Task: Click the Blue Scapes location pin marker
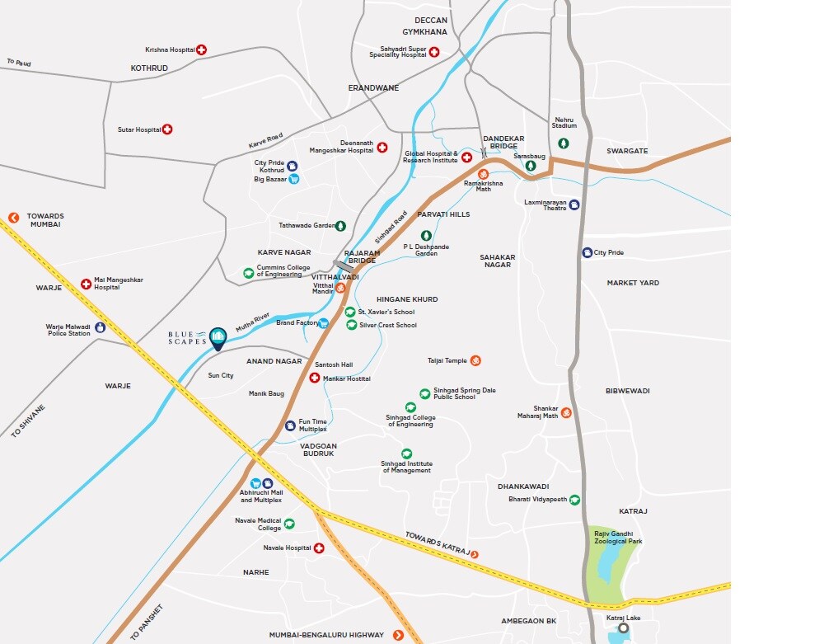[x=218, y=337]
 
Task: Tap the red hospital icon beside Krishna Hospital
[x=201, y=50]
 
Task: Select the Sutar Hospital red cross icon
[x=167, y=129]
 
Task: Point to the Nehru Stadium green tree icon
[x=564, y=143]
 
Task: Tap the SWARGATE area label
[x=627, y=151]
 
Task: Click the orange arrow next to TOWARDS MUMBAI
[x=13, y=218]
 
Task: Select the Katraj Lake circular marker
[x=623, y=628]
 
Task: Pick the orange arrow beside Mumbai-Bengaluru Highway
[x=399, y=634]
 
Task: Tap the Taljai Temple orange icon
[x=475, y=360]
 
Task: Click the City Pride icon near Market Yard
[x=587, y=252]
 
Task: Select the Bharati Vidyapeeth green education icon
[x=575, y=500]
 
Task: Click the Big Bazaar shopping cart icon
[x=293, y=178]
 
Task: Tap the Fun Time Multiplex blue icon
[x=290, y=425]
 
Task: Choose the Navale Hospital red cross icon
[x=319, y=548]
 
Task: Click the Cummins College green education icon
[x=248, y=273]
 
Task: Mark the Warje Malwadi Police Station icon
[x=101, y=327]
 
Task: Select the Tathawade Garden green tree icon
[x=340, y=225]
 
